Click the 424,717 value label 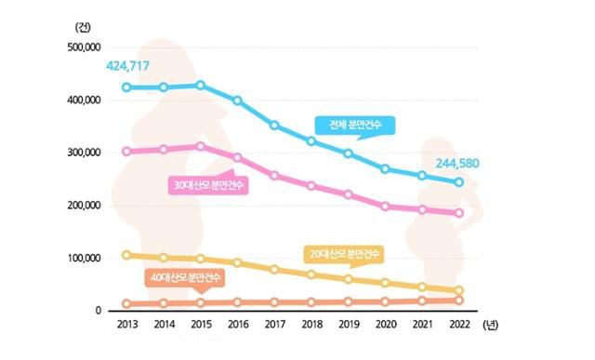point(129,66)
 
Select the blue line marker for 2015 point(199,86)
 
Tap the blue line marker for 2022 point(458,182)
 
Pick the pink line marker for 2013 point(126,152)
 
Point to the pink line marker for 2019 point(349,194)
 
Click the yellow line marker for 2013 point(126,255)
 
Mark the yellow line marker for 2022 point(458,291)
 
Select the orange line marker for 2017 point(274,301)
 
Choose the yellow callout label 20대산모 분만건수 point(344,253)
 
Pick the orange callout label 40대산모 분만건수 point(186,276)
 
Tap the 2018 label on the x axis point(311,326)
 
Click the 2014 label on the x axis point(164,326)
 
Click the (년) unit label point(492,326)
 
